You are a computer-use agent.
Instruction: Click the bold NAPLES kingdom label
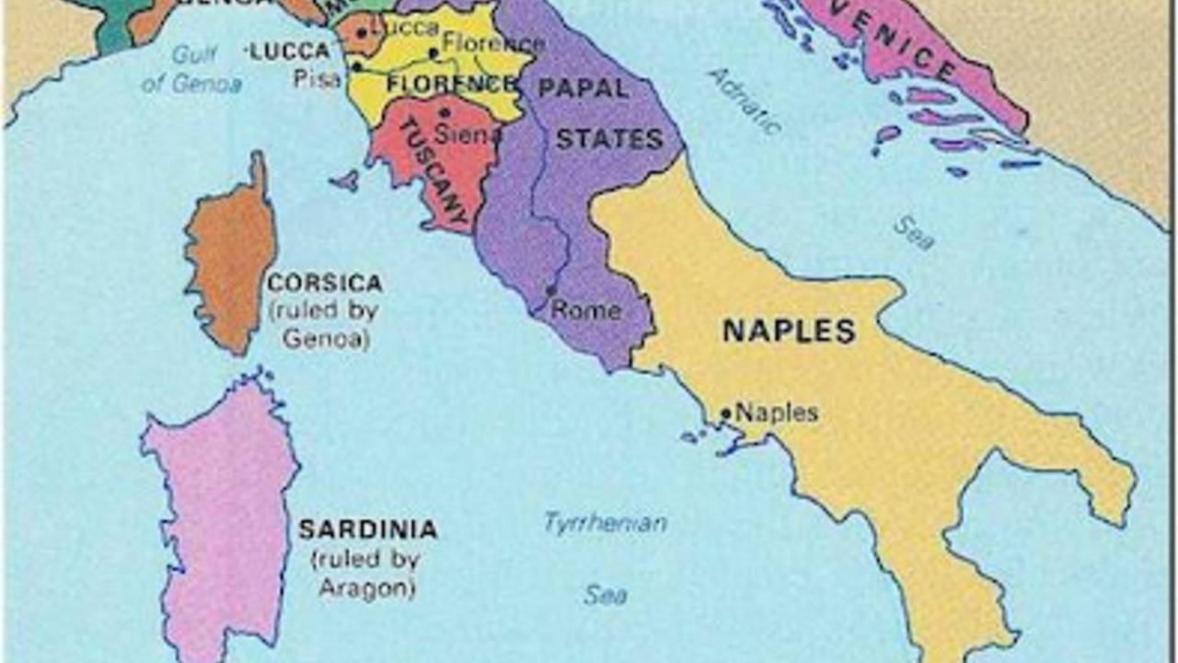click(x=789, y=331)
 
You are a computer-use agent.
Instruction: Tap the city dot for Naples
click(x=725, y=414)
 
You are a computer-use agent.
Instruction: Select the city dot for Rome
click(x=551, y=291)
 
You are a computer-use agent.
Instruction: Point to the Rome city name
click(x=586, y=311)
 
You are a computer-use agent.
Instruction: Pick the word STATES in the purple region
click(x=609, y=140)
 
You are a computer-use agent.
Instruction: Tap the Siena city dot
click(x=445, y=113)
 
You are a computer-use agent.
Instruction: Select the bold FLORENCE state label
click(x=451, y=84)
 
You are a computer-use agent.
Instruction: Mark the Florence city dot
click(x=433, y=52)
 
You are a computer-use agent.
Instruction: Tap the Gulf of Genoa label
click(x=192, y=69)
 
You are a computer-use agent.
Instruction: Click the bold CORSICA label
click(x=324, y=283)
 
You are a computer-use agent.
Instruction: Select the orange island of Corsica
click(x=230, y=258)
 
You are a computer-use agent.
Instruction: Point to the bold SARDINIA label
click(x=367, y=529)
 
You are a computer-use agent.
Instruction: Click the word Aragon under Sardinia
click(x=366, y=587)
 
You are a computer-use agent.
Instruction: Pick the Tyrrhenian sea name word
click(x=605, y=524)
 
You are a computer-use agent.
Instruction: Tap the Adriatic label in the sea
click(x=745, y=100)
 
